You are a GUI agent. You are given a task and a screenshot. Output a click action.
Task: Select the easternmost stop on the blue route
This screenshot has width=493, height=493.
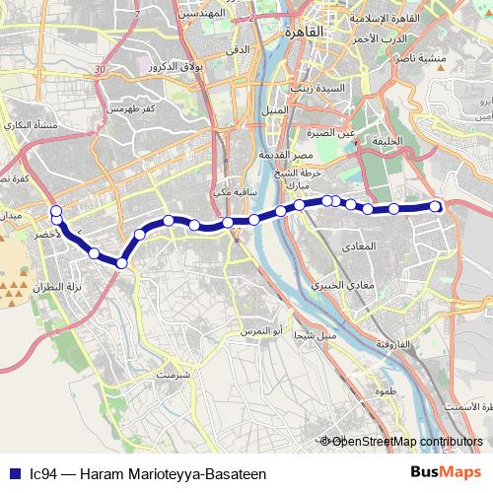(x=437, y=206)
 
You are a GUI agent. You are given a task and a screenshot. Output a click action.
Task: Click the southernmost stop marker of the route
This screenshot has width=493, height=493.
(x=121, y=262)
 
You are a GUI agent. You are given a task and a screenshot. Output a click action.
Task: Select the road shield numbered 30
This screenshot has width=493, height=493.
(x=101, y=70)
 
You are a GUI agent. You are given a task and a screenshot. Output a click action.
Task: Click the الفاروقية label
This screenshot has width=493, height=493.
(x=396, y=344)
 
